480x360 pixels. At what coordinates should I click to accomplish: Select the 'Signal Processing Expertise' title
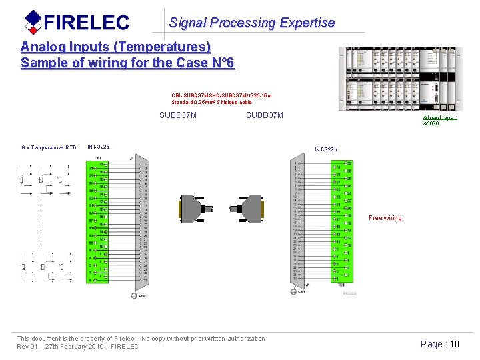click(251, 23)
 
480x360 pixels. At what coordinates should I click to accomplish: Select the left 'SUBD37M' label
click(178, 116)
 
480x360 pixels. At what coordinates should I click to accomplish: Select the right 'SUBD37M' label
click(265, 116)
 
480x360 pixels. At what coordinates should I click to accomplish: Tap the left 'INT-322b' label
click(99, 147)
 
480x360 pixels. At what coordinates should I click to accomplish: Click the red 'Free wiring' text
click(385, 218)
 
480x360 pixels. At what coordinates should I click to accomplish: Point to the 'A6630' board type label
click(431, 124)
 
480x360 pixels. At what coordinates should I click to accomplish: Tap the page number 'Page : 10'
click(440, 344)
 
